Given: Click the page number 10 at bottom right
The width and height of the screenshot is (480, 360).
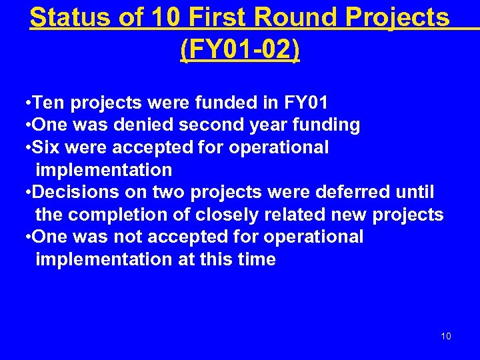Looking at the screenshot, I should [446, 336].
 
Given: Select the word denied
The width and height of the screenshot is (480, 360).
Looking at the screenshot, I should [142, 125].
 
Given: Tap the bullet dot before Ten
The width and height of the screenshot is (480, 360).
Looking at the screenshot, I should [25, 103].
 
